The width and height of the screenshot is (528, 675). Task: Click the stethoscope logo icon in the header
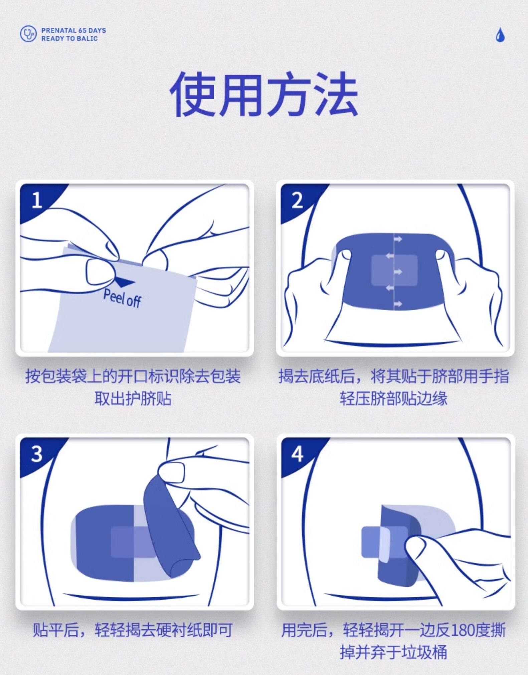click(x=28, y=34)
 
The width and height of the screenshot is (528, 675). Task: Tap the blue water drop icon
click(x=500, y=35)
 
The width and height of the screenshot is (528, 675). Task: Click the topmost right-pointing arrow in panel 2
click(x=398, y=239)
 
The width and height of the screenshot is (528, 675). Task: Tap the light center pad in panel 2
click(x=394, y=270)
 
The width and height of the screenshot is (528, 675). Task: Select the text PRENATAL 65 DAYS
click(x=73, y=30)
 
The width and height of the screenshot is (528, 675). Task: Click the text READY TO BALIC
click(x=69, y=38)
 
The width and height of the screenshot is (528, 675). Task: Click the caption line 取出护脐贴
click(x=133, y=398)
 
